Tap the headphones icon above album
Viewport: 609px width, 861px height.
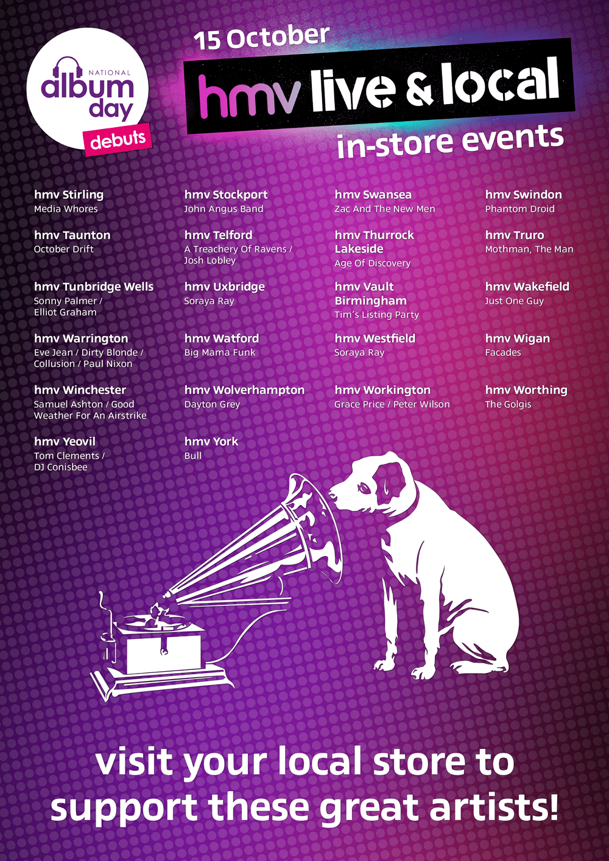[69, 68]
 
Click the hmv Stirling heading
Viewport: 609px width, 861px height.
[69, 195]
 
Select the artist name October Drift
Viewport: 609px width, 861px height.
[63, 249]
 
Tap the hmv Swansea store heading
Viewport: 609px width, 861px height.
[373, 195]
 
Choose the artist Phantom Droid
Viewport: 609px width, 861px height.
[519, 209]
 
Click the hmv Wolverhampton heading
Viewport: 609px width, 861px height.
[244, 390]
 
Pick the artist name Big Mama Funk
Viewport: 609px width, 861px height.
[220, 352]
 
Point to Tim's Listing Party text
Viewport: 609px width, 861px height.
[376, 315]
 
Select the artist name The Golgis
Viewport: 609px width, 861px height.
[508, 405]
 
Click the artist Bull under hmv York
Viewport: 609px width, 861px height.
[192, 456]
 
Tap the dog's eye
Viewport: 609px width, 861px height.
[364, 489]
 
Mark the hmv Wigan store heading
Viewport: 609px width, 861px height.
[518, 339]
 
